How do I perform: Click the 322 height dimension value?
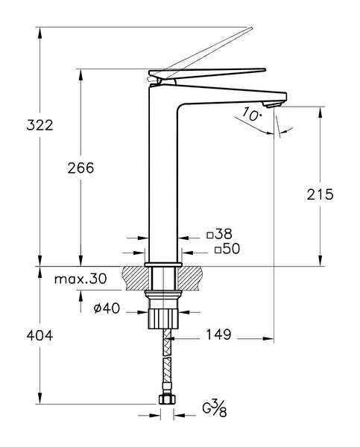[x=40, y=125]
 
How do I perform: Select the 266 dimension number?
[x=80, y=168]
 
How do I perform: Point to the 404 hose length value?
[x=40, y=336]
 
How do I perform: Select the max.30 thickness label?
[x=80, y=279]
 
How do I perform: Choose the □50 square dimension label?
[x=227, y=250]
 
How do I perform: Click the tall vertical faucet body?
[x=163, y=179]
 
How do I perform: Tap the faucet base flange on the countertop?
[x=163, y=264]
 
